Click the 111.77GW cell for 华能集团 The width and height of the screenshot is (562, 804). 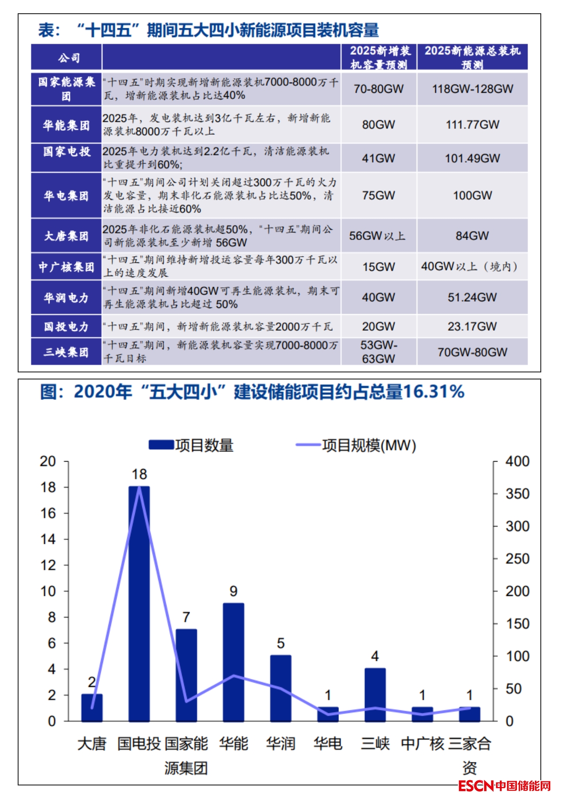click(x=472, y=125)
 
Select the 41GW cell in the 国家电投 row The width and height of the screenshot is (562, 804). click(x=378, y=158)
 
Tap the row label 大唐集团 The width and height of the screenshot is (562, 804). click(x=66, y=236)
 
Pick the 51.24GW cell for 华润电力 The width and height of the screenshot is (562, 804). click(x=472, y=297)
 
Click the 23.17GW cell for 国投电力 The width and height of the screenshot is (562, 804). click(x=472, y=326)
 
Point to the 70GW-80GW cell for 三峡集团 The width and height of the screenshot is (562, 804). click(x=472, y=352)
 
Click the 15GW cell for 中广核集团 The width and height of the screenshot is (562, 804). click(x=378, y=267)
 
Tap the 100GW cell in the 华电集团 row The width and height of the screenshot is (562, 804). click(x=472, y=195)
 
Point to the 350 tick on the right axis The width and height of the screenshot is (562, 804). click(x=517, y=493)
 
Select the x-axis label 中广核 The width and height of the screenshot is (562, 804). click(x=422, y=743)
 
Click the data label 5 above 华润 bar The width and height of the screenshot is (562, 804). click(x=281, y=643)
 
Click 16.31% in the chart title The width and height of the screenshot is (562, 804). click(x=433, y=391)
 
